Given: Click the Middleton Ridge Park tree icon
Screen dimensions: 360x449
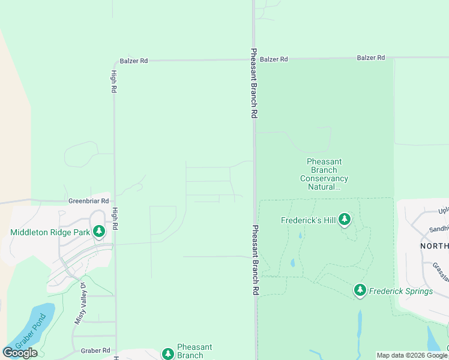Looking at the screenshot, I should point(99,232).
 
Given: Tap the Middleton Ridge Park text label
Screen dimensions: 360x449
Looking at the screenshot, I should point(50,232).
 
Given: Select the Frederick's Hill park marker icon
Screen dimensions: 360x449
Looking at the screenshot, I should point(345,220).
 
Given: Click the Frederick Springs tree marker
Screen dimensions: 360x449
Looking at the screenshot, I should point(360,291).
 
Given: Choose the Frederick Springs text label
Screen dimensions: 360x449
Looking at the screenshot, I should point(401,292).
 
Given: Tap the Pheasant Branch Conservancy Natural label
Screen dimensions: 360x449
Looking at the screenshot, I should point(324,174).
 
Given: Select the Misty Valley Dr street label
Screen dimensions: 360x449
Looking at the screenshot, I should point(81,304).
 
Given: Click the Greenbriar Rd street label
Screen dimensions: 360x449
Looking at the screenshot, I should point(88,202).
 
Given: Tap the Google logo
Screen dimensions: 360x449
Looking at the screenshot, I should point(20,352).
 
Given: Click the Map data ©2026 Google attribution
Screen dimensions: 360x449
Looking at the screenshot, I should point(412,355).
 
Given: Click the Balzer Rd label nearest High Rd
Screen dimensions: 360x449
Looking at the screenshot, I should point(133,61).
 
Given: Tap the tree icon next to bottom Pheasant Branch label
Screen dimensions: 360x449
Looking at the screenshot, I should point(168,352).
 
